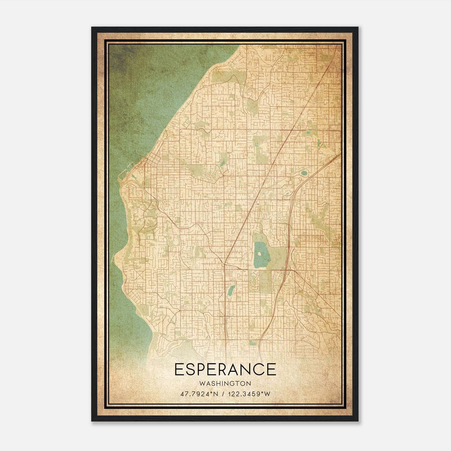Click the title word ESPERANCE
(x=225, y=369)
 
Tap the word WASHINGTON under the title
(x=225, y=383)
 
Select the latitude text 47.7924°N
(x=200, y=394)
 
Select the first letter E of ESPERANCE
(x=179, y=369)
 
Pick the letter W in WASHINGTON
(x=201, y=383)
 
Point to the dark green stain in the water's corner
(x=121, y=56)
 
